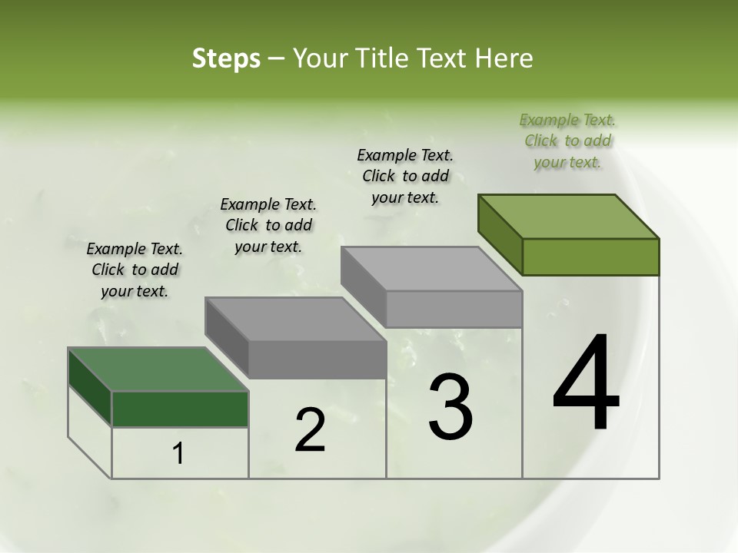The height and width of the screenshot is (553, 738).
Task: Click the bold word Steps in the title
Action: pos(225,58)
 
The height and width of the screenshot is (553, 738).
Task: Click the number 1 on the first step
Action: pos(178,454)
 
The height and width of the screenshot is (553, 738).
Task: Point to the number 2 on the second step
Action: pos(310,430)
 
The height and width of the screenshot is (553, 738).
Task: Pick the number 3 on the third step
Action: pos(450,407)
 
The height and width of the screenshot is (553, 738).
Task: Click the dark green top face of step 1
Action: pos(158,369)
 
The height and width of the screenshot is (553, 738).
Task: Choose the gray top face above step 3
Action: pos(430,269)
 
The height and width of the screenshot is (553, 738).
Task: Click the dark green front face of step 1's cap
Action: pos(181,409)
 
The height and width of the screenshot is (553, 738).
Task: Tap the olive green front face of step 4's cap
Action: pos(590,257)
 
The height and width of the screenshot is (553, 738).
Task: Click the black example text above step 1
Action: pos(135,270)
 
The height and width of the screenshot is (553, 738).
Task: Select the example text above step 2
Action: pos(268,225)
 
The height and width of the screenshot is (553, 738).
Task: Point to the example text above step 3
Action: pos(405,176)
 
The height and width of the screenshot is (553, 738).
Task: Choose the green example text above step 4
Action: pos(567,141)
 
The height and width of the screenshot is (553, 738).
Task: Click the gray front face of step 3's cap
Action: pos(454,309)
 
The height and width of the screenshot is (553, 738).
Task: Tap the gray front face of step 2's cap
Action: pos(317,359)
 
